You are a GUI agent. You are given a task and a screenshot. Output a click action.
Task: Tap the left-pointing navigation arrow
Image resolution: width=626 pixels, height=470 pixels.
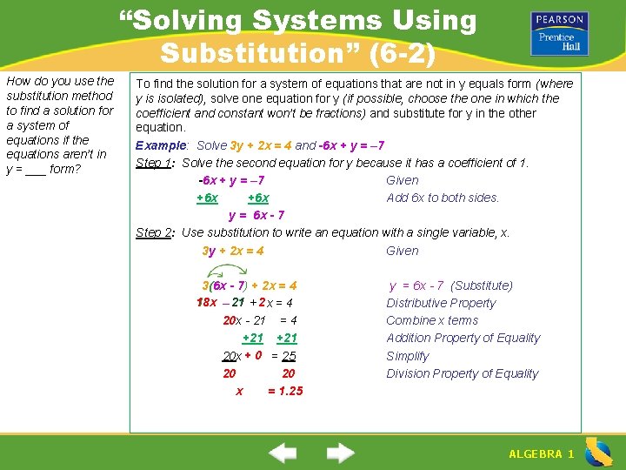283,453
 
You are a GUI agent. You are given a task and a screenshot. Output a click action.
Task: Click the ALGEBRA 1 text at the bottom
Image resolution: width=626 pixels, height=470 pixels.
541,454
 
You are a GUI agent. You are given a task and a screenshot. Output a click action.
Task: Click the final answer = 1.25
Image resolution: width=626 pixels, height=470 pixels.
285,391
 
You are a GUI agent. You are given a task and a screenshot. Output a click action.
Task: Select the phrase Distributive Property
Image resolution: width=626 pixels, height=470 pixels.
441,303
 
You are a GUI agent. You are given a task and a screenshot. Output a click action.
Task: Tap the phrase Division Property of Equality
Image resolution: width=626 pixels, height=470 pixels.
463,373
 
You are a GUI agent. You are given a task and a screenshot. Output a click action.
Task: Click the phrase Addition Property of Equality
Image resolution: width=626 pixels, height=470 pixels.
463,338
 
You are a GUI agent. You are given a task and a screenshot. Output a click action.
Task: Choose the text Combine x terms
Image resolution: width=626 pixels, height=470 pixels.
432,320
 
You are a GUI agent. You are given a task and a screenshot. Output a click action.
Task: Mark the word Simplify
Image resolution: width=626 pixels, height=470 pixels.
408,356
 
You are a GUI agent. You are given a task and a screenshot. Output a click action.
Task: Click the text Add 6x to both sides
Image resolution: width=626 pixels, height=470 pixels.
443,198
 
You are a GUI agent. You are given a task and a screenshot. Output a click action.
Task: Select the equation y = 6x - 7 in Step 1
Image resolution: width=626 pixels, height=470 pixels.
256,215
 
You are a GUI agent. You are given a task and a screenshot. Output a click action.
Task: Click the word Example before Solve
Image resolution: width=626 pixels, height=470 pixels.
162,145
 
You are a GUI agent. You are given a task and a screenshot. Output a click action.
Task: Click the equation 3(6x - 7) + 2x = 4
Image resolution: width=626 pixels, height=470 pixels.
250,285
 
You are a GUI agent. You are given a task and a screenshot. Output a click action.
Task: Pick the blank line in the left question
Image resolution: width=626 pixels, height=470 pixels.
36,169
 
